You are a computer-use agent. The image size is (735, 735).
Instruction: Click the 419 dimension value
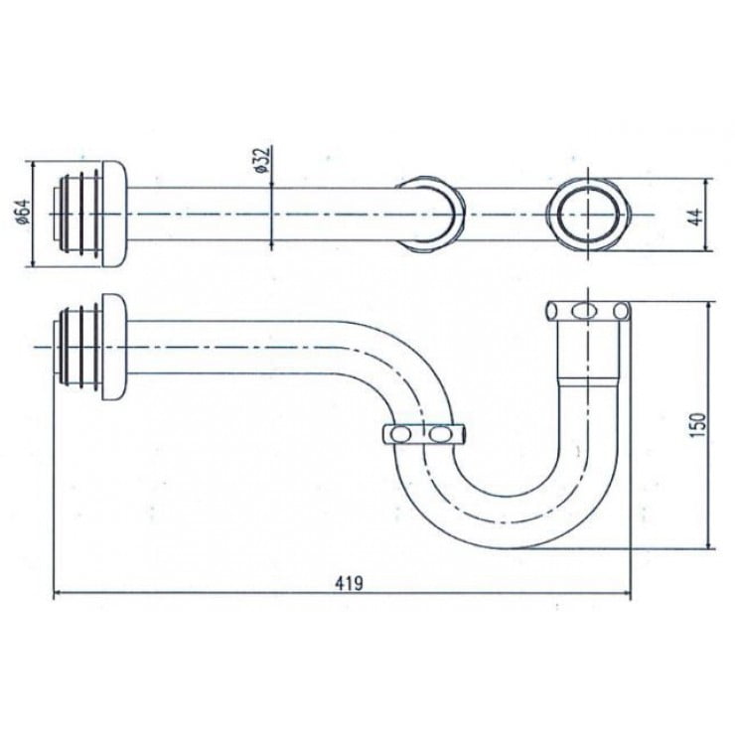point(349,583)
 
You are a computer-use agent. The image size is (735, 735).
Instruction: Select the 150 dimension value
point(697,425)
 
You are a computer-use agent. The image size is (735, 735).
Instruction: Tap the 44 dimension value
point(697,217)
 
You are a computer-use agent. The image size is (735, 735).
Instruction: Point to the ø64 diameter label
point(24,212)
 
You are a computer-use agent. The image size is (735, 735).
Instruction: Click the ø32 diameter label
point(263,160)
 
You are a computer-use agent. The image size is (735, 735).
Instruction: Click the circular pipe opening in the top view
point(588,214)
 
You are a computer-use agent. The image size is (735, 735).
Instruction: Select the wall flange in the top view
point(115,215)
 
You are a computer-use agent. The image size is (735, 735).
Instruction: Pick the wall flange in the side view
point(115,347)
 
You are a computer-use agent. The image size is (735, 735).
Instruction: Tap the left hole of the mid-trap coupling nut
point(400,434)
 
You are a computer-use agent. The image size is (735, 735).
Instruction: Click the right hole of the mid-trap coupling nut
point(438,434)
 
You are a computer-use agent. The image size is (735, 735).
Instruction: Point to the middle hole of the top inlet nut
point(582,311)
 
